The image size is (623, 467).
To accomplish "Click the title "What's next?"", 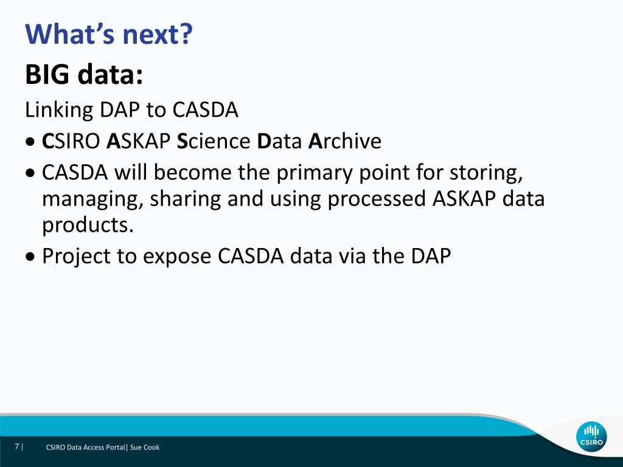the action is [108, 34].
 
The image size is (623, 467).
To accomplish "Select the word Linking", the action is [59, 111].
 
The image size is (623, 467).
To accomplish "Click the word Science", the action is [214, 141].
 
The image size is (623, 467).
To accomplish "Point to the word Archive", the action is [345, 141].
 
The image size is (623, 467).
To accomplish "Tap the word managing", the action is [93, 199].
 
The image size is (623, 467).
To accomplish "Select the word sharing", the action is [186, 199].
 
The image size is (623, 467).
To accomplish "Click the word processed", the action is [377, 199].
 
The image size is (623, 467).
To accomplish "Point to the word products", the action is [88, 226].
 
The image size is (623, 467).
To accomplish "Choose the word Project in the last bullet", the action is [76, 257].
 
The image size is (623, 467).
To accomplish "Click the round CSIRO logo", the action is [591, 437].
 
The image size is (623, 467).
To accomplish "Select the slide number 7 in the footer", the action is [16, 447].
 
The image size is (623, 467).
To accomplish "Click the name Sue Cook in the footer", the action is [145, 447].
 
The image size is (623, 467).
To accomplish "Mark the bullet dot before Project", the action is [30, 257].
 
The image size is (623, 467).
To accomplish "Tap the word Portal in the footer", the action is [115, 447].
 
